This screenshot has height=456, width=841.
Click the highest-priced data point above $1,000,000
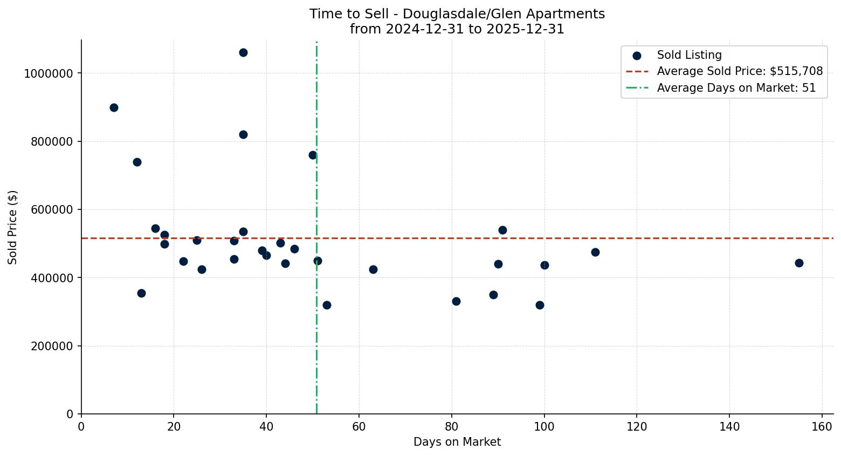coord(243,52)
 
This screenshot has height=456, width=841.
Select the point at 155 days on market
coord(799,263)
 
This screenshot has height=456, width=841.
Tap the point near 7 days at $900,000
coord(114,107)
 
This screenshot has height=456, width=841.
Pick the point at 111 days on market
coord(595,252)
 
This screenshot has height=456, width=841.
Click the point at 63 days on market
coord(373,269)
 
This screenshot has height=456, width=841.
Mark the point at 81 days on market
coord(456,301)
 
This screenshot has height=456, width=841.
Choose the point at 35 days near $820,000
coord(243,134)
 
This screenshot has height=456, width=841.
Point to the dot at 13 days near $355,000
coord(141,293)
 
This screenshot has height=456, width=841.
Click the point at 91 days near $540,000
coord(502,230)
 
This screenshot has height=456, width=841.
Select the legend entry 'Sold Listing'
coord(689,55)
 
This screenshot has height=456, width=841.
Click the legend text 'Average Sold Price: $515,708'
coord(740,71)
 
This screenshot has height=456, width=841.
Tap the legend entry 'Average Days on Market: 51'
coord(736,88)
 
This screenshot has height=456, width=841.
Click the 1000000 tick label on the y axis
coord(49,73)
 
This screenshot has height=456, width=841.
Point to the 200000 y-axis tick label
coord(52,346)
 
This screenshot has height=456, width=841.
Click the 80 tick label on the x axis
coord(452,427)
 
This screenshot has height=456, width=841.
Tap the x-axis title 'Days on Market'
coord(457,442)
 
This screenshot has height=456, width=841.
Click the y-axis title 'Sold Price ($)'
coord(13,227)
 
